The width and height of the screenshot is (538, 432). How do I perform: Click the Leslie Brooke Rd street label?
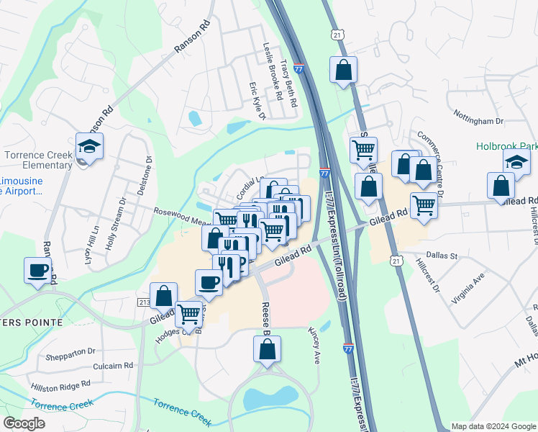tap(272, 71)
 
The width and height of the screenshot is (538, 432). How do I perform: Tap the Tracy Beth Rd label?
tap(289, 84)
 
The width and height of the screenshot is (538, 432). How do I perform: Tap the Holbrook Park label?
tap(506, 145)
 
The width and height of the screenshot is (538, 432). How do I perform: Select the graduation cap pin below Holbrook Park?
tap(516, 163)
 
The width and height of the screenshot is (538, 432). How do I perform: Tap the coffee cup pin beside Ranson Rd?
tap(38, 271)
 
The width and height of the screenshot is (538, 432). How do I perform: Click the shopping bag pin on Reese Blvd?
tap(267, 349)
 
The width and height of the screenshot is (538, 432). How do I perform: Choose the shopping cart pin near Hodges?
tap(188, 313)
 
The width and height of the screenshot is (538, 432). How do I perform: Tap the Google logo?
tap(24, 423)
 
